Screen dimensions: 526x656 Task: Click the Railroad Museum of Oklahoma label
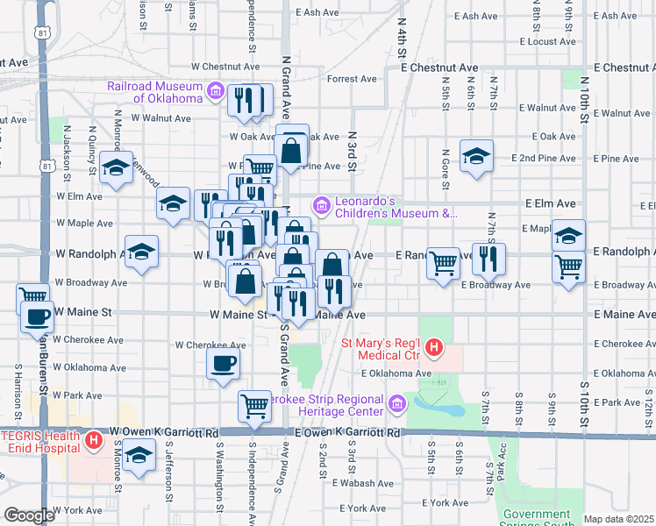tap(154, 92)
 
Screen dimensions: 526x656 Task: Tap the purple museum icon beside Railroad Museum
tap(215, 92)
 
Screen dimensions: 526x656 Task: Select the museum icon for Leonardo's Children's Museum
tap(322, 206)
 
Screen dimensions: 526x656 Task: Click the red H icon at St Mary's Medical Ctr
tap(432, 349)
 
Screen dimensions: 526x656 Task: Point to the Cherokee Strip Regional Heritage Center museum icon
tap(397, 404)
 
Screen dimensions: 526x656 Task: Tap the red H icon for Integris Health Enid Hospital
tap(94, 441)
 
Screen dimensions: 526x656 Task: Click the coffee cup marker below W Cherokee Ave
tap(222, 363)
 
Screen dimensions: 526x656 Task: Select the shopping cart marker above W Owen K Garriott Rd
tap(254, 406)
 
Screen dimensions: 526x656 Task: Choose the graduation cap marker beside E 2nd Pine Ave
tap(476, 156)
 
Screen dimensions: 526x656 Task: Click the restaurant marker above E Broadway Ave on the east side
tap(488, 258)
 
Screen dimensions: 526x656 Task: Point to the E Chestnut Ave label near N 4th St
tap(439, 68)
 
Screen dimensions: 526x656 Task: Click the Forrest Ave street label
tap(351, 79)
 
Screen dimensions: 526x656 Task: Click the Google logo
tap(29, 515)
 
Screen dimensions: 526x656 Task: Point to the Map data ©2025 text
tap(618, 519)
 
